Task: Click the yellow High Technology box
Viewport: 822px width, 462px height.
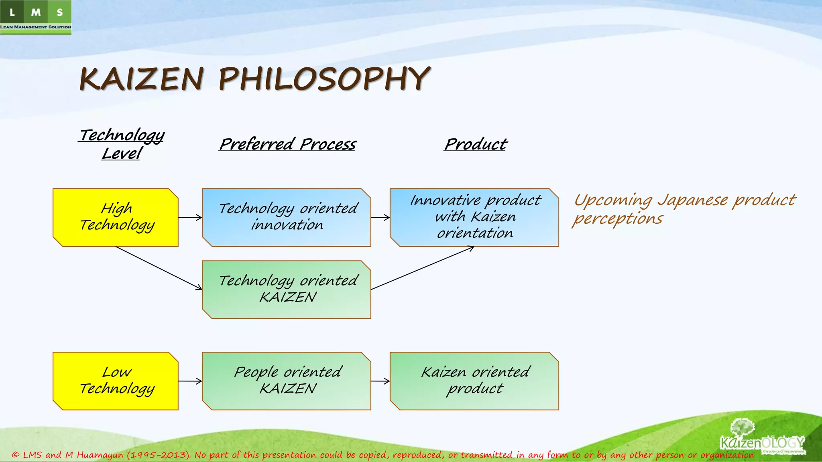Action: pos(116,217)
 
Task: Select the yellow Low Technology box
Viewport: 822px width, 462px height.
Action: pos(116,381)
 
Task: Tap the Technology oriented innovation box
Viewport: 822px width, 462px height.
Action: pos(287,217)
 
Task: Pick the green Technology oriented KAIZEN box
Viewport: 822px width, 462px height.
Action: pos(287,290)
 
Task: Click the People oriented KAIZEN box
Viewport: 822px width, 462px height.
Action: pos(287,381)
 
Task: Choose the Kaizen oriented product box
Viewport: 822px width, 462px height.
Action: pos(474,381)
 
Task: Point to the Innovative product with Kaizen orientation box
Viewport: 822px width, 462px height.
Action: pos(474,217)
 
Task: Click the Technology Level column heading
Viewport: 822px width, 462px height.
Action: pos(122,144)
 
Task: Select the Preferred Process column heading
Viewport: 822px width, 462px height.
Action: pos(288,144)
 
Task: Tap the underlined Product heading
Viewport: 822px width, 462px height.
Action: pos(476,144)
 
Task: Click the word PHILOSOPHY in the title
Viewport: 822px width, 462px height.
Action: pos(324,79)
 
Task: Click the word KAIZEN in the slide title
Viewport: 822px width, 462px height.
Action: pos(141,79)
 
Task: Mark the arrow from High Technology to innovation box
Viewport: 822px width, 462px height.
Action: pos(190,217)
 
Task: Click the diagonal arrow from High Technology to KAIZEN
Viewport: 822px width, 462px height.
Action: pos(159,268)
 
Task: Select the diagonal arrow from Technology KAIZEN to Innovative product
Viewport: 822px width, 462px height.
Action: pos(422,268)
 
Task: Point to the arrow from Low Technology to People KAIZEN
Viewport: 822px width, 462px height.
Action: pos(190,381)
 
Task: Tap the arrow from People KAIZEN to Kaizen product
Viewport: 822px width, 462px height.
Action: pos(380,381)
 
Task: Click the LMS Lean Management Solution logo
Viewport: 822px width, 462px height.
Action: pos(36,17)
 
